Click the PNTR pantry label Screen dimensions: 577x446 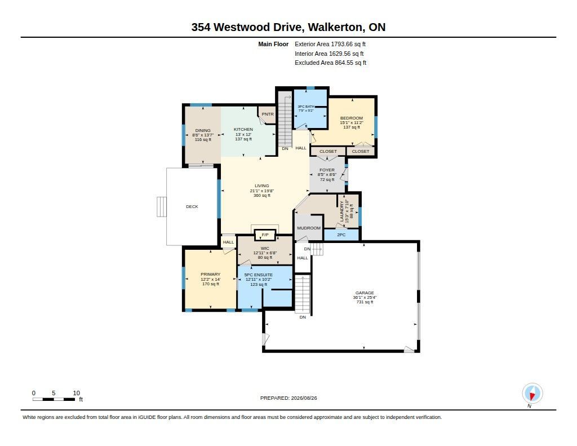point(268,114)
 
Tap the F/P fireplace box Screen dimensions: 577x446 point(265,235)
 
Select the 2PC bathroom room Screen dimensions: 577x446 point(341,235)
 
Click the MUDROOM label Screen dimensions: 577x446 point(309,228)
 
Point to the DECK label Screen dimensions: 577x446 point(192,206)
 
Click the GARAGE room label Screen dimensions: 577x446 point(365,293)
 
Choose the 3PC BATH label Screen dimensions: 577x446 point(306,107)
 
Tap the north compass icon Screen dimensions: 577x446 point(532,394)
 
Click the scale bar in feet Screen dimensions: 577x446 point(54,399)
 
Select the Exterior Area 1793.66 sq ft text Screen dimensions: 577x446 point(330,44)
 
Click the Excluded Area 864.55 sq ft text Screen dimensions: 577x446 point(330,63)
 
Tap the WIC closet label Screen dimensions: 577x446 point(265,249)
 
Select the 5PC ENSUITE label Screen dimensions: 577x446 point(258,275)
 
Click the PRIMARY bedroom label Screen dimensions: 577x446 point(211,275)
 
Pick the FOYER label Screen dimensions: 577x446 point(327,170)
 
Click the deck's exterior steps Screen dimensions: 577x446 point(162,206)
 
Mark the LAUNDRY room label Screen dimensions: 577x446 point(341,211)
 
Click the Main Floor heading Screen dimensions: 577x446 point(273,44)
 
